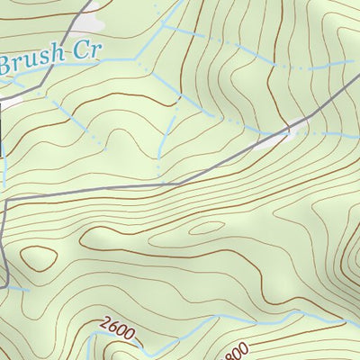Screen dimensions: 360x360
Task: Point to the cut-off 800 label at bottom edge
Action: pyautogui.click(x=236, y=352)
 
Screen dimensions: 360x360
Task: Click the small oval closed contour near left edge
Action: pyautogui.click(x=38, y=258)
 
